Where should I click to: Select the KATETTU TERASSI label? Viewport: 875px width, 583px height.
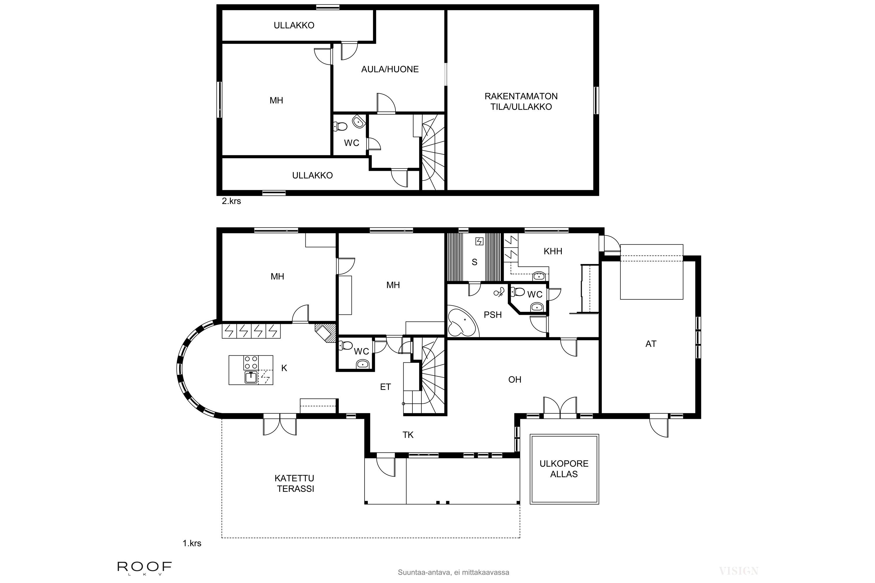(x=295, y=483)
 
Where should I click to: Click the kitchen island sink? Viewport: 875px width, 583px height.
(x=251, y=377)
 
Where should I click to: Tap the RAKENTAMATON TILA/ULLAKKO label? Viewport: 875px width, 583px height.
(x=521, y=101)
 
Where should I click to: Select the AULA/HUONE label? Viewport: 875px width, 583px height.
(x=390, y=69)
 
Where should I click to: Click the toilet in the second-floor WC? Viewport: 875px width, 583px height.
(x=340, y=127)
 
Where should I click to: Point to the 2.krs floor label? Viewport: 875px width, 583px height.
(x=231, y=201)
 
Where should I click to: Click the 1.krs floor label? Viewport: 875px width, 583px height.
(x=192, y=543)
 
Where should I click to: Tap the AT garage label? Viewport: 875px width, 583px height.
(x=651, y=344)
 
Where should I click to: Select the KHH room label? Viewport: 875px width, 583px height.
(x=552, y=251)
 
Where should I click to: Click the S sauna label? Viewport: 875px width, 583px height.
(x=474, y=262)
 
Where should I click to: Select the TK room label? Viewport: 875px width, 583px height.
(x=408, y=435)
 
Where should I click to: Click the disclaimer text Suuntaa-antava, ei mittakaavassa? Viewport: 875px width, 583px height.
(x=453, y=573)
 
